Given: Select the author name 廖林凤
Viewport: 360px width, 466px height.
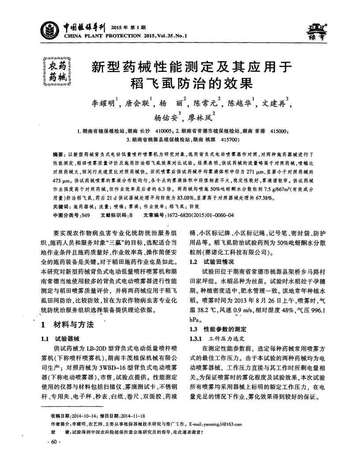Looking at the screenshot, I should point(199,118).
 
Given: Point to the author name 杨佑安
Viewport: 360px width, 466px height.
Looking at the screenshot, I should point(165,118).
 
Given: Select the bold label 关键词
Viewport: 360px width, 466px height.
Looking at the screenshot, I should point(61,207).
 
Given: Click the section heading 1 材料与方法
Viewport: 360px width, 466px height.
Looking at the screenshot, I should point(67,325).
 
